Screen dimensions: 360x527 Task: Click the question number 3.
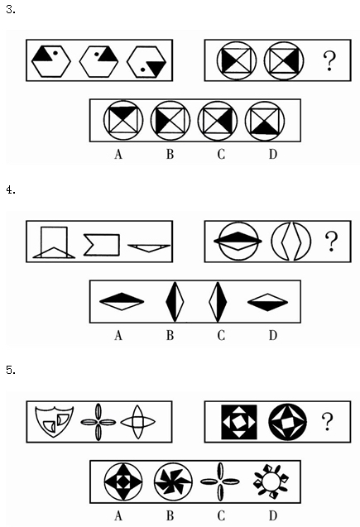point(11,9)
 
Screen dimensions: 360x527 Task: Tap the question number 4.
point(11,190)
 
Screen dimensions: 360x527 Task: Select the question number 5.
point(11,370)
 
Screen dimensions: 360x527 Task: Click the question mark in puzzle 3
point(329,60)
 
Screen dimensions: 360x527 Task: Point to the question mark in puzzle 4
point(331,242)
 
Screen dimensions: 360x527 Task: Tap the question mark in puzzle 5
point(328,421)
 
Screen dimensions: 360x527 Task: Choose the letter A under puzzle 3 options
point(118,154)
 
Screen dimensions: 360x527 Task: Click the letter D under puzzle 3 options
point(272,154)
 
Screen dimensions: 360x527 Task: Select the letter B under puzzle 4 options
point(170,335)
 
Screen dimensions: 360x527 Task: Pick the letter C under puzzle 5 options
point(221,515)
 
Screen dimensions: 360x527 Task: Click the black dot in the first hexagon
point(55,53)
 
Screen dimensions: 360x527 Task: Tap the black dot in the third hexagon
point(142,69)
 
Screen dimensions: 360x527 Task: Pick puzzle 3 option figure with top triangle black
point(123,121)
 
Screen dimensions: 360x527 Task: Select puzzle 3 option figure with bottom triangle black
point(265,121)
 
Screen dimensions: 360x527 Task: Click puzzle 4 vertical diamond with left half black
point(175,302)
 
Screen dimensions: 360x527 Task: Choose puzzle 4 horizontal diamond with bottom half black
point(267,302)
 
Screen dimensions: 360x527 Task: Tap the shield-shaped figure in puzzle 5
point(54,422)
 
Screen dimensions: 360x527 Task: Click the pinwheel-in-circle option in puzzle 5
point(173,481)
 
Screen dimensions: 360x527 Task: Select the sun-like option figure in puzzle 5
point(271,481)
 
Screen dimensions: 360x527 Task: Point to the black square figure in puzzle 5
point(239,422)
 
